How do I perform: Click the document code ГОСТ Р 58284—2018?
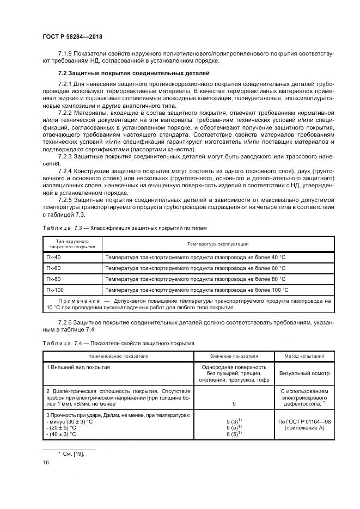pos(72,36)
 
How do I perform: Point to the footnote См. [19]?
pos(71,453)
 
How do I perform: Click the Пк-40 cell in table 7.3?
pos(53,256)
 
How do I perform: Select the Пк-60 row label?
pos(53,268)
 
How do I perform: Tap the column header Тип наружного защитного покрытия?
pos(72,243)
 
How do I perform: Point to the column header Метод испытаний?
pos(304,356)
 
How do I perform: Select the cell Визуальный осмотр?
pos(304,374)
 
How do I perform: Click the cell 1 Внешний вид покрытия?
pos(78,367)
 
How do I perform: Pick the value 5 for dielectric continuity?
pos(234,404)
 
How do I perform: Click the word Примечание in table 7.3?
pos(77,300)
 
